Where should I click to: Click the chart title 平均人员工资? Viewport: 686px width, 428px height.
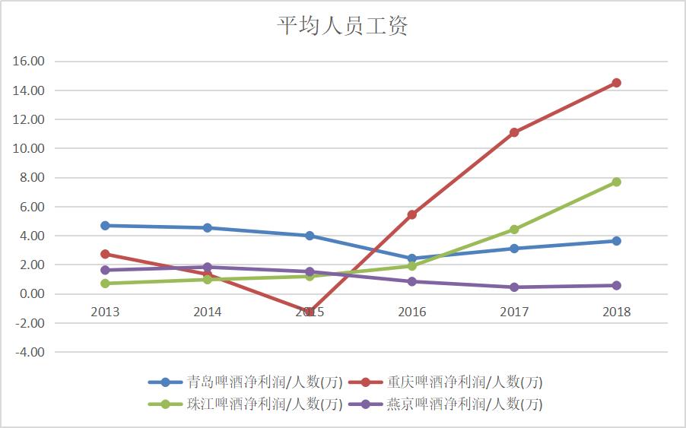point(342,27)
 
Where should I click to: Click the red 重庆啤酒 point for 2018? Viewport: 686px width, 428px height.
point(616,83)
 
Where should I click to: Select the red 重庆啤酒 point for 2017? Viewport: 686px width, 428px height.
point(514,132)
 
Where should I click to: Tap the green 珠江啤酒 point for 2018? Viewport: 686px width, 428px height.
point(616,182)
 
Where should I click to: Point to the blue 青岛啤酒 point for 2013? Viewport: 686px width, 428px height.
point(105,226)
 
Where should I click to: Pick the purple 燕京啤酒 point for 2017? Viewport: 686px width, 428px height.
point(514,287)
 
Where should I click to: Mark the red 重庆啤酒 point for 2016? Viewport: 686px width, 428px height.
point(412,214)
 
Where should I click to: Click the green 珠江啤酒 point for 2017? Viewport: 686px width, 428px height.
point(514,230)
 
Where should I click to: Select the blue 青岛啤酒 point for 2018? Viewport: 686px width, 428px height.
point(616,241)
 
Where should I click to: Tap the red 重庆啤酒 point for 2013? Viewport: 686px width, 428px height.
point(105,254)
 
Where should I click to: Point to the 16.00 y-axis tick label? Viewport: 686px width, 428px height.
point(30,62)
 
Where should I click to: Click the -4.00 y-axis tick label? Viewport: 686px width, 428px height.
point(30,353)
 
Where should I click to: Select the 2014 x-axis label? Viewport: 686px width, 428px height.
point(208,312)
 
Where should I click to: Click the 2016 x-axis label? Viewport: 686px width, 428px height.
point(412,312)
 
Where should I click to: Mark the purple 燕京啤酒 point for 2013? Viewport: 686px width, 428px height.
point(105,270)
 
